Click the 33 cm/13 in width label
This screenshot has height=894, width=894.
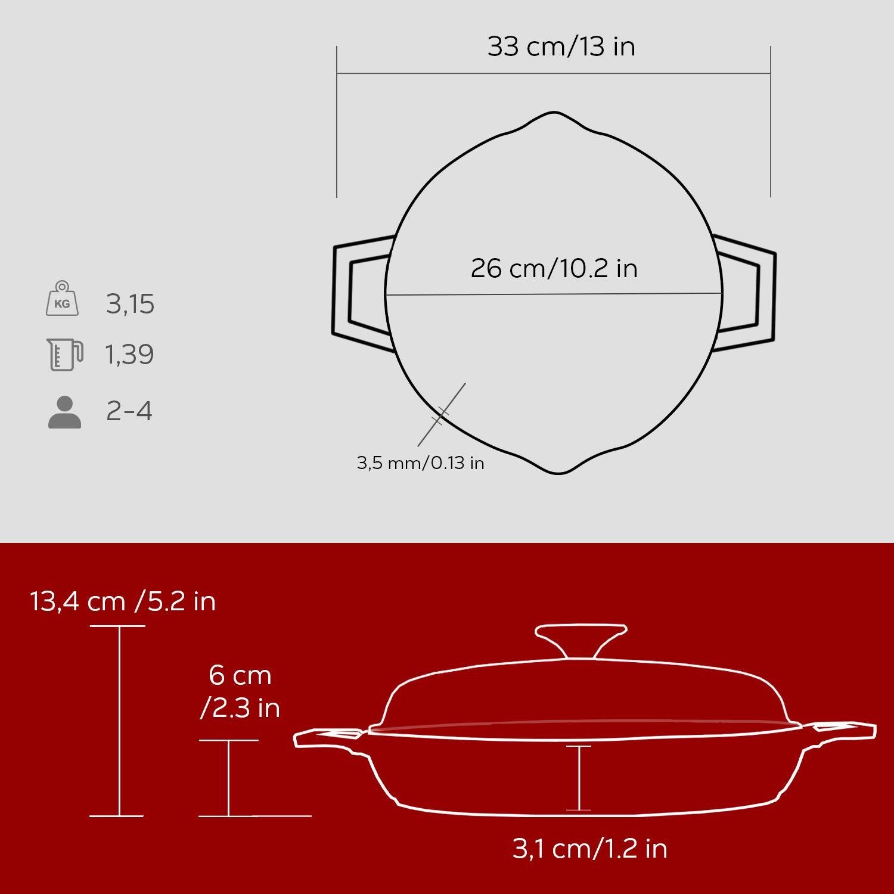[561, 46]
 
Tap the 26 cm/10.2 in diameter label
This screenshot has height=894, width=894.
[554, 268]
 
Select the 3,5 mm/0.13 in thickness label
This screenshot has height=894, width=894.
[421, 462]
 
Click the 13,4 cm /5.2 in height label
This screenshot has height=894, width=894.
[123, 601]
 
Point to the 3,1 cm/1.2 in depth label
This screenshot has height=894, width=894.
[590, 848]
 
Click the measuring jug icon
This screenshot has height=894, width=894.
[64, 355]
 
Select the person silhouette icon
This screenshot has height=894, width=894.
[64, 412]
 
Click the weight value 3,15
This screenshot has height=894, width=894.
[131, 304]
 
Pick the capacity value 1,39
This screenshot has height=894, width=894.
[130, 355]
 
